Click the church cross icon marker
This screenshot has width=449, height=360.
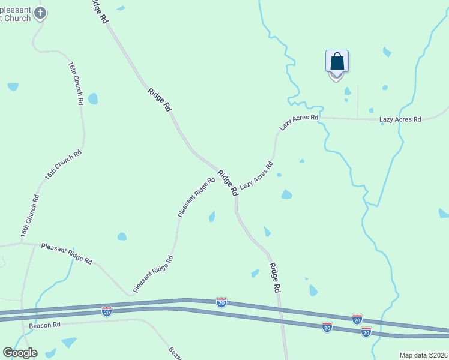pos(40,13)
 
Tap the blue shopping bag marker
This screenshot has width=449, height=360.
pos(337,62)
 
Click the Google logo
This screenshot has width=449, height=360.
pos(20,353)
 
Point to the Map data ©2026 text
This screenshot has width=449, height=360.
pos(424,355)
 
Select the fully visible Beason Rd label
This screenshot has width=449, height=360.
pos(45,325)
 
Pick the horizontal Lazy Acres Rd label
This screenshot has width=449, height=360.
pos(400,119)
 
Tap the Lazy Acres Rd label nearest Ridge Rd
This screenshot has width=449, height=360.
pos(256,176)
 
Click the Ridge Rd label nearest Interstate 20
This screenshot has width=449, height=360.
pos(275,277)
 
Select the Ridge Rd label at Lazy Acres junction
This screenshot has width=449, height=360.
pos(228,183)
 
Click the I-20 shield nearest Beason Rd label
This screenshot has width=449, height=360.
pos(106,311)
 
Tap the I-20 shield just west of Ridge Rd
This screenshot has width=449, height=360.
pos(221,302)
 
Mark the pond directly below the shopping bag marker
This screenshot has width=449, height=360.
pos(348,92)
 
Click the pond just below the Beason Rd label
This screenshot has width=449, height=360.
pos(69,342)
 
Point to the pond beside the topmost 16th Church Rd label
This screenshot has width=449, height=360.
pos(93,98)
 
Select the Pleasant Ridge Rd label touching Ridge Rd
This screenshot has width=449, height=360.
pos(196,197)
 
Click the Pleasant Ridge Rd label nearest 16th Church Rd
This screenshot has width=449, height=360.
pos(67,253)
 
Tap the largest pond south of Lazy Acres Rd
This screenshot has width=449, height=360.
pos(286,194)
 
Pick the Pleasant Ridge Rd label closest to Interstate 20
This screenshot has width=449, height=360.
pos(153,274)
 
